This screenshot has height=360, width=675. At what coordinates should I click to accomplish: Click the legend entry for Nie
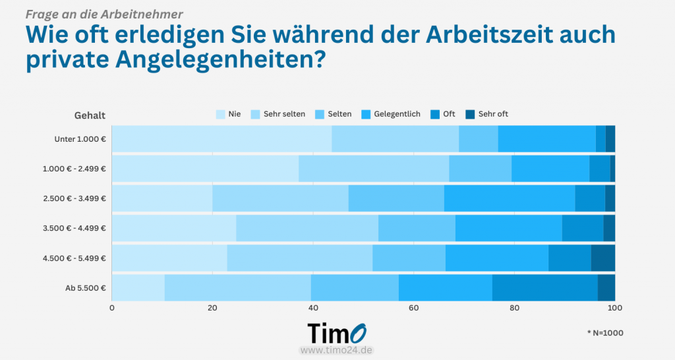[x=228, y=114]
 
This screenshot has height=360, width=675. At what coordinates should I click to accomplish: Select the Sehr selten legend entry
[x=278, y=114]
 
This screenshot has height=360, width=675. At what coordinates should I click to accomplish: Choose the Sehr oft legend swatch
[x=470, y=114]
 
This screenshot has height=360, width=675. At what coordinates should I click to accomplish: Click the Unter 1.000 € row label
[x=80, y=139]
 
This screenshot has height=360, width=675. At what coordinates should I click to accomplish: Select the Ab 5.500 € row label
[x=86, y=287]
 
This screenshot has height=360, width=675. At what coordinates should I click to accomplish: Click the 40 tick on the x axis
[x=313, y=308]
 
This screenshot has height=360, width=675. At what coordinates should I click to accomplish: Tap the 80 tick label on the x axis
[x=514, y=308]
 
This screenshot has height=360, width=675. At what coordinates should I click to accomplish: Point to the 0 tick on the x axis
[x=112, y=308]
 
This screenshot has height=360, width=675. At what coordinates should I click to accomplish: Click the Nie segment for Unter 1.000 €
[x=221, y=138]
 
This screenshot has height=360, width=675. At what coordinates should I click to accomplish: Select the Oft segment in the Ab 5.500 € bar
[x=544, y=287]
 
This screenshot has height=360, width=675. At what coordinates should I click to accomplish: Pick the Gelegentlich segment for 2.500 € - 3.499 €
[x=509, y=198]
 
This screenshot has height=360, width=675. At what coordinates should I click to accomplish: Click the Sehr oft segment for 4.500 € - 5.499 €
[x=602, y=258]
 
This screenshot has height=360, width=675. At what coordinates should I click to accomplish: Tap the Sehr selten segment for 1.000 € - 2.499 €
[x=374, y=168]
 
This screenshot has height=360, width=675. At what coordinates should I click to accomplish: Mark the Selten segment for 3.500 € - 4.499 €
[x=417, y=228]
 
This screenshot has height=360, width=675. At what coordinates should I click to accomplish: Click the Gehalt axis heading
[x=90, y=115]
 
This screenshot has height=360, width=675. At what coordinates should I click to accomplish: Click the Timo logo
[x=337, y=332]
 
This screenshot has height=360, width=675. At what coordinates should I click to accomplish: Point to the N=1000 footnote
[x=604, y=333]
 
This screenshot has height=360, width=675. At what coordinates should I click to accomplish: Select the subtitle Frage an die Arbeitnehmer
[x=104, y=13]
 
